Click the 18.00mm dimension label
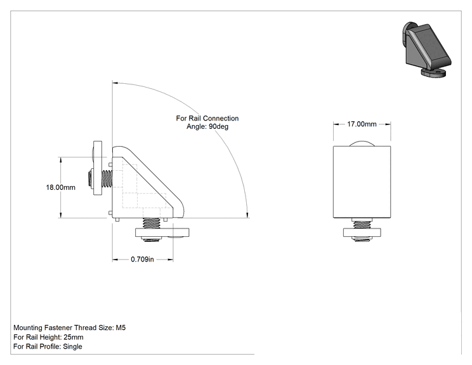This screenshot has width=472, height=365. (x=60, y=187)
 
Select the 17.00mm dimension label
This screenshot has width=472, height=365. (x=362, y=124)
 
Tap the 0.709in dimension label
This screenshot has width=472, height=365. (x=142, y=259)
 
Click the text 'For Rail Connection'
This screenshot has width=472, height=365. (x=207, y=118)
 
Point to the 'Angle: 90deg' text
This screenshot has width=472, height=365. (x=207, y=126)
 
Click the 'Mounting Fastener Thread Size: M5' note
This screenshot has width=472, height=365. (x=70, y=328)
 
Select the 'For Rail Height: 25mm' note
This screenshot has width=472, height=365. (x=48, y=337)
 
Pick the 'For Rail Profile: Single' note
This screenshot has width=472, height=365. (x=48, y=347)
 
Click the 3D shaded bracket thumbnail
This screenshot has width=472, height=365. (x=426, y=49)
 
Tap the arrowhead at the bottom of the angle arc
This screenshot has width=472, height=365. (x=247, y=215)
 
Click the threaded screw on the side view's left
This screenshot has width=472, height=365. (x=107, y=178)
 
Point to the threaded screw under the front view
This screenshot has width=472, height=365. (x=362, y=225)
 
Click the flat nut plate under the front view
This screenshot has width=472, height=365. (x=362, y=232)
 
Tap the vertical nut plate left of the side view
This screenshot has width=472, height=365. (x=98, y=168)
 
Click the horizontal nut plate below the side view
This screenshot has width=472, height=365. (x=162, y=232)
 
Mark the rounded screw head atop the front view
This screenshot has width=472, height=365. (x=362, y=143)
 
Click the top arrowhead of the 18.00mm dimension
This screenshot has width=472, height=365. (x=61, y=160)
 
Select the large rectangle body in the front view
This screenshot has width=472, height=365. (x=362, y=182)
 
